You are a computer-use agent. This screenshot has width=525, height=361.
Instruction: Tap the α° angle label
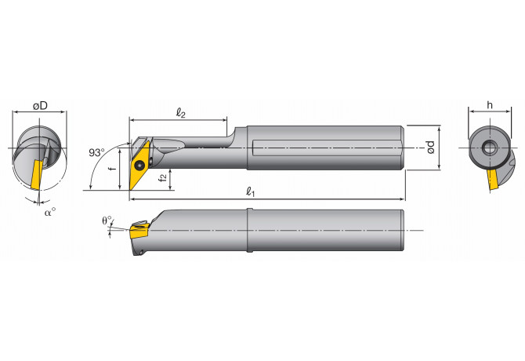coord(49,211)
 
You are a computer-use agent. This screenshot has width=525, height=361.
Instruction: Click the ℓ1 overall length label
coord(251,191)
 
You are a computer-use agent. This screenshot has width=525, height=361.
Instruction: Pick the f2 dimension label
coord(161,178)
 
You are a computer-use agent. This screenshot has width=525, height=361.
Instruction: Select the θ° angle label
coord(108,221)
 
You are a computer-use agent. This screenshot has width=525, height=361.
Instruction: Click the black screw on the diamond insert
coord(139,165)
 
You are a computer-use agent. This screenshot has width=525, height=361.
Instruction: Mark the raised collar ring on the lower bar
coord(248,230)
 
